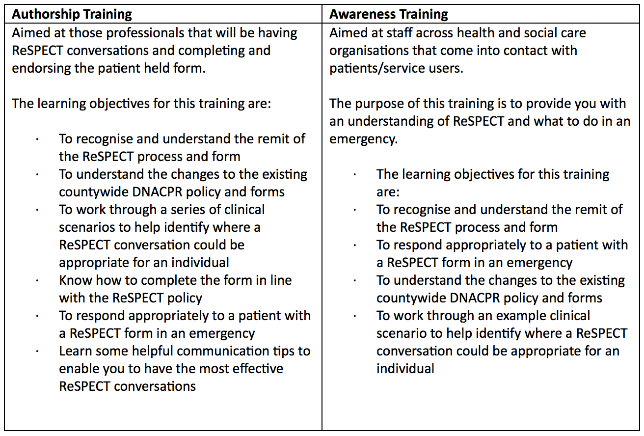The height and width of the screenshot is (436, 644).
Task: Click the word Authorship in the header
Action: click(44, 14)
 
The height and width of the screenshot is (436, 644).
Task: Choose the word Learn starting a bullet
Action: click(76, 351)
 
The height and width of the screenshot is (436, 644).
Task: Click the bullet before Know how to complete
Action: click(37, 280)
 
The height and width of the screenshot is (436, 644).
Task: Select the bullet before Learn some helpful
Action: click(37, 351)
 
